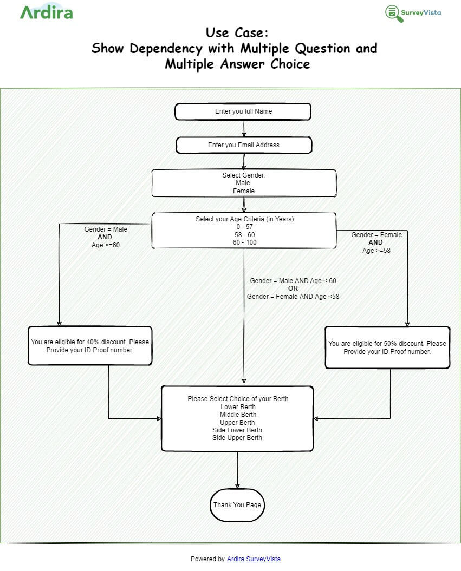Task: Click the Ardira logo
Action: coord(46,12)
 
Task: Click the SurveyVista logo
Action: coord(413,13)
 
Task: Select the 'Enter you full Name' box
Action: coord(243,111)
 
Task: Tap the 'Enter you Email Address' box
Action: coord(244,145)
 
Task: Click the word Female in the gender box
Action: coord(244,191)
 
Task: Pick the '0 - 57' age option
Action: coord(244,227)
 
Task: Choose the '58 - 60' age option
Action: coord(244,234)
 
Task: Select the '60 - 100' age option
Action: coord(244,242)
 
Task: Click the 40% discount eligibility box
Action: coord(90,346)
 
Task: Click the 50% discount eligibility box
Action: coord(387,347)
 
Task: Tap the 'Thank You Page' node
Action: coord(237,505)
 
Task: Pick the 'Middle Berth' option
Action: coord(238,415)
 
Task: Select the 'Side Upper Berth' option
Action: coord(237,438)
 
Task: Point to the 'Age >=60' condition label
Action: coord(106,245)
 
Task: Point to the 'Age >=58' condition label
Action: coord(376,251)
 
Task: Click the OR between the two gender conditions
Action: coord(293,288)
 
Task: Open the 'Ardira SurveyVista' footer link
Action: coord(254,559)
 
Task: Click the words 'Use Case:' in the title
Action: coord(237,33)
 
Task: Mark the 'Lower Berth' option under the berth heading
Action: coord(238,407)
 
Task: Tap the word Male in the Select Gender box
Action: coord(243,183)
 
